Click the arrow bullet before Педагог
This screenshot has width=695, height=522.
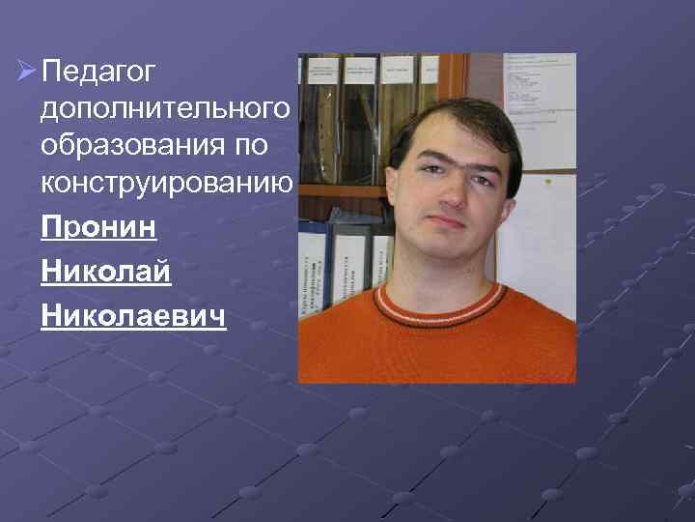[x=26, y=72]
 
